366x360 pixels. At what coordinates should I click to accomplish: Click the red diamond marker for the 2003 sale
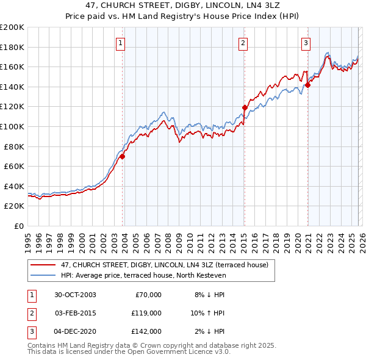(x=123, y=157)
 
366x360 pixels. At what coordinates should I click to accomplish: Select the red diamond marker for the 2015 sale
(x=245, y=107)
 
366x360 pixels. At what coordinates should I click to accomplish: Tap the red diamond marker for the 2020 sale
(x=308, y=85)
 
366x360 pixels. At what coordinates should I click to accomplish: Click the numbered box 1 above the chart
(x=121, y=43)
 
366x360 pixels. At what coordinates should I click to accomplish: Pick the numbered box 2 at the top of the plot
(x=243, y=43)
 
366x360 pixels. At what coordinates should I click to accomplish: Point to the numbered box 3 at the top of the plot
(x=306, y=43)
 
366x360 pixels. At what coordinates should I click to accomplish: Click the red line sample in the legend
(x=43, y=265)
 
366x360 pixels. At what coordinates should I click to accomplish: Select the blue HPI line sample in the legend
(x=43, y=275)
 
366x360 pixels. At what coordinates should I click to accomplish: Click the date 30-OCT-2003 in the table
(x=75, y=295)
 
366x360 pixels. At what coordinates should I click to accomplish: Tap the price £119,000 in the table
(x=146, y=313)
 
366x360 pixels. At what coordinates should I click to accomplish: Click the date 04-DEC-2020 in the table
(x=75, y=331)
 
